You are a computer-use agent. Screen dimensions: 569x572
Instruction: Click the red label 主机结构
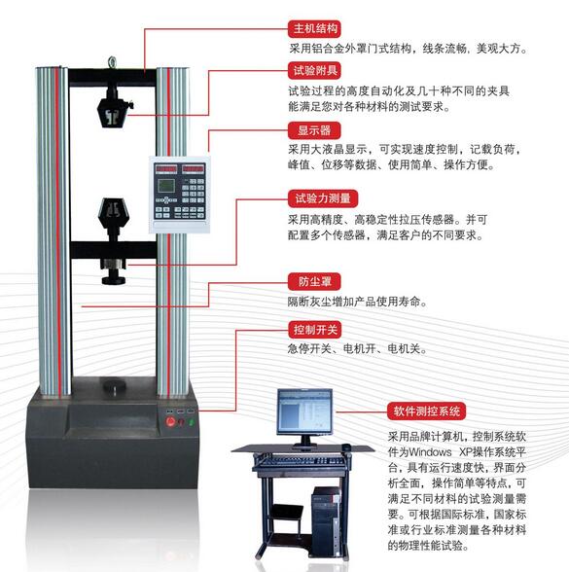tap(314, 28)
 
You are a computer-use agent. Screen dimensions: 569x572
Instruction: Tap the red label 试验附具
tap(314, 70)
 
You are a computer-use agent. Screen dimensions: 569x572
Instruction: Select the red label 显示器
tap(314, 130)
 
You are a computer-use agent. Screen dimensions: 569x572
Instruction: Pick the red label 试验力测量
tap(323, 198)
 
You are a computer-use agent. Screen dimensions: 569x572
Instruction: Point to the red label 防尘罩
tap(314, 282)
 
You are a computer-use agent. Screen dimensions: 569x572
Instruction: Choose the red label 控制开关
tap(314, 330)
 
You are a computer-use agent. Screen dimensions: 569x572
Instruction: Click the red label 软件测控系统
tap(426, 411)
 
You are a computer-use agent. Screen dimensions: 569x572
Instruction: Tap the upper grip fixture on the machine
tap(114, 108)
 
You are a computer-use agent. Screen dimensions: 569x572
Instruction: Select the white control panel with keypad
tap(180, 195)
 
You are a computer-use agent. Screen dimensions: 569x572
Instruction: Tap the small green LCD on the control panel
tap(166, 186)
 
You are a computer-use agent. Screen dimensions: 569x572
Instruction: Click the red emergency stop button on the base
tap(170, 422)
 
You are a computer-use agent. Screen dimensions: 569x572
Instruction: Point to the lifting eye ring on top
tap(112, 62)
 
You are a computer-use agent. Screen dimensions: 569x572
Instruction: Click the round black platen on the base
tap(114, 385)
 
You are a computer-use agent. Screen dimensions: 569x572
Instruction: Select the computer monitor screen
tap(305, 411)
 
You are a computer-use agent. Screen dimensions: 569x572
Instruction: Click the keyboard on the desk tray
tap(302, 461)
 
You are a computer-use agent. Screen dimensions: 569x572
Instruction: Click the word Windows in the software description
tap(430, 452)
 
